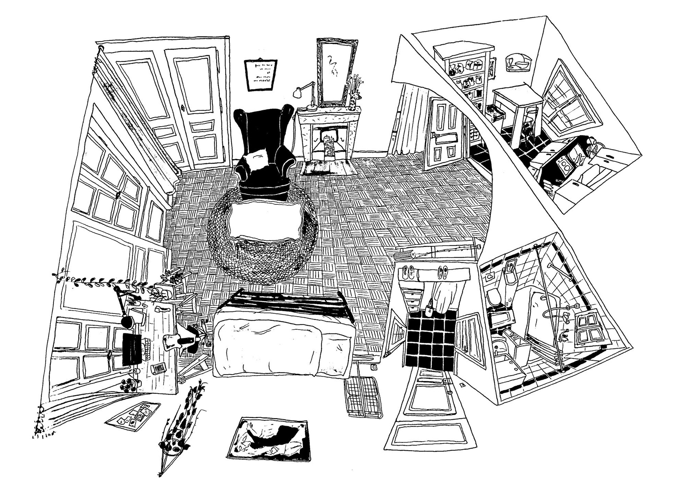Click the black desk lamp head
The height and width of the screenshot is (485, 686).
126,322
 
